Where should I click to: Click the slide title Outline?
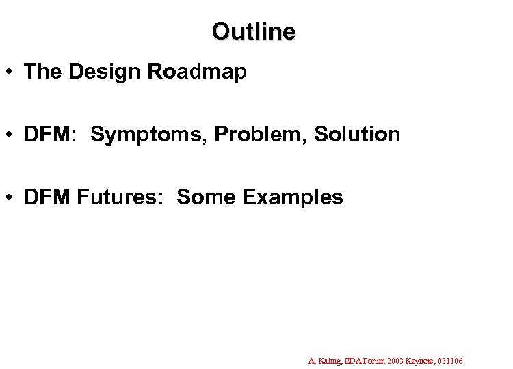(253, 31)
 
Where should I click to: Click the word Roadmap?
(203, 72)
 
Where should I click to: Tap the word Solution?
(357, 135)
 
